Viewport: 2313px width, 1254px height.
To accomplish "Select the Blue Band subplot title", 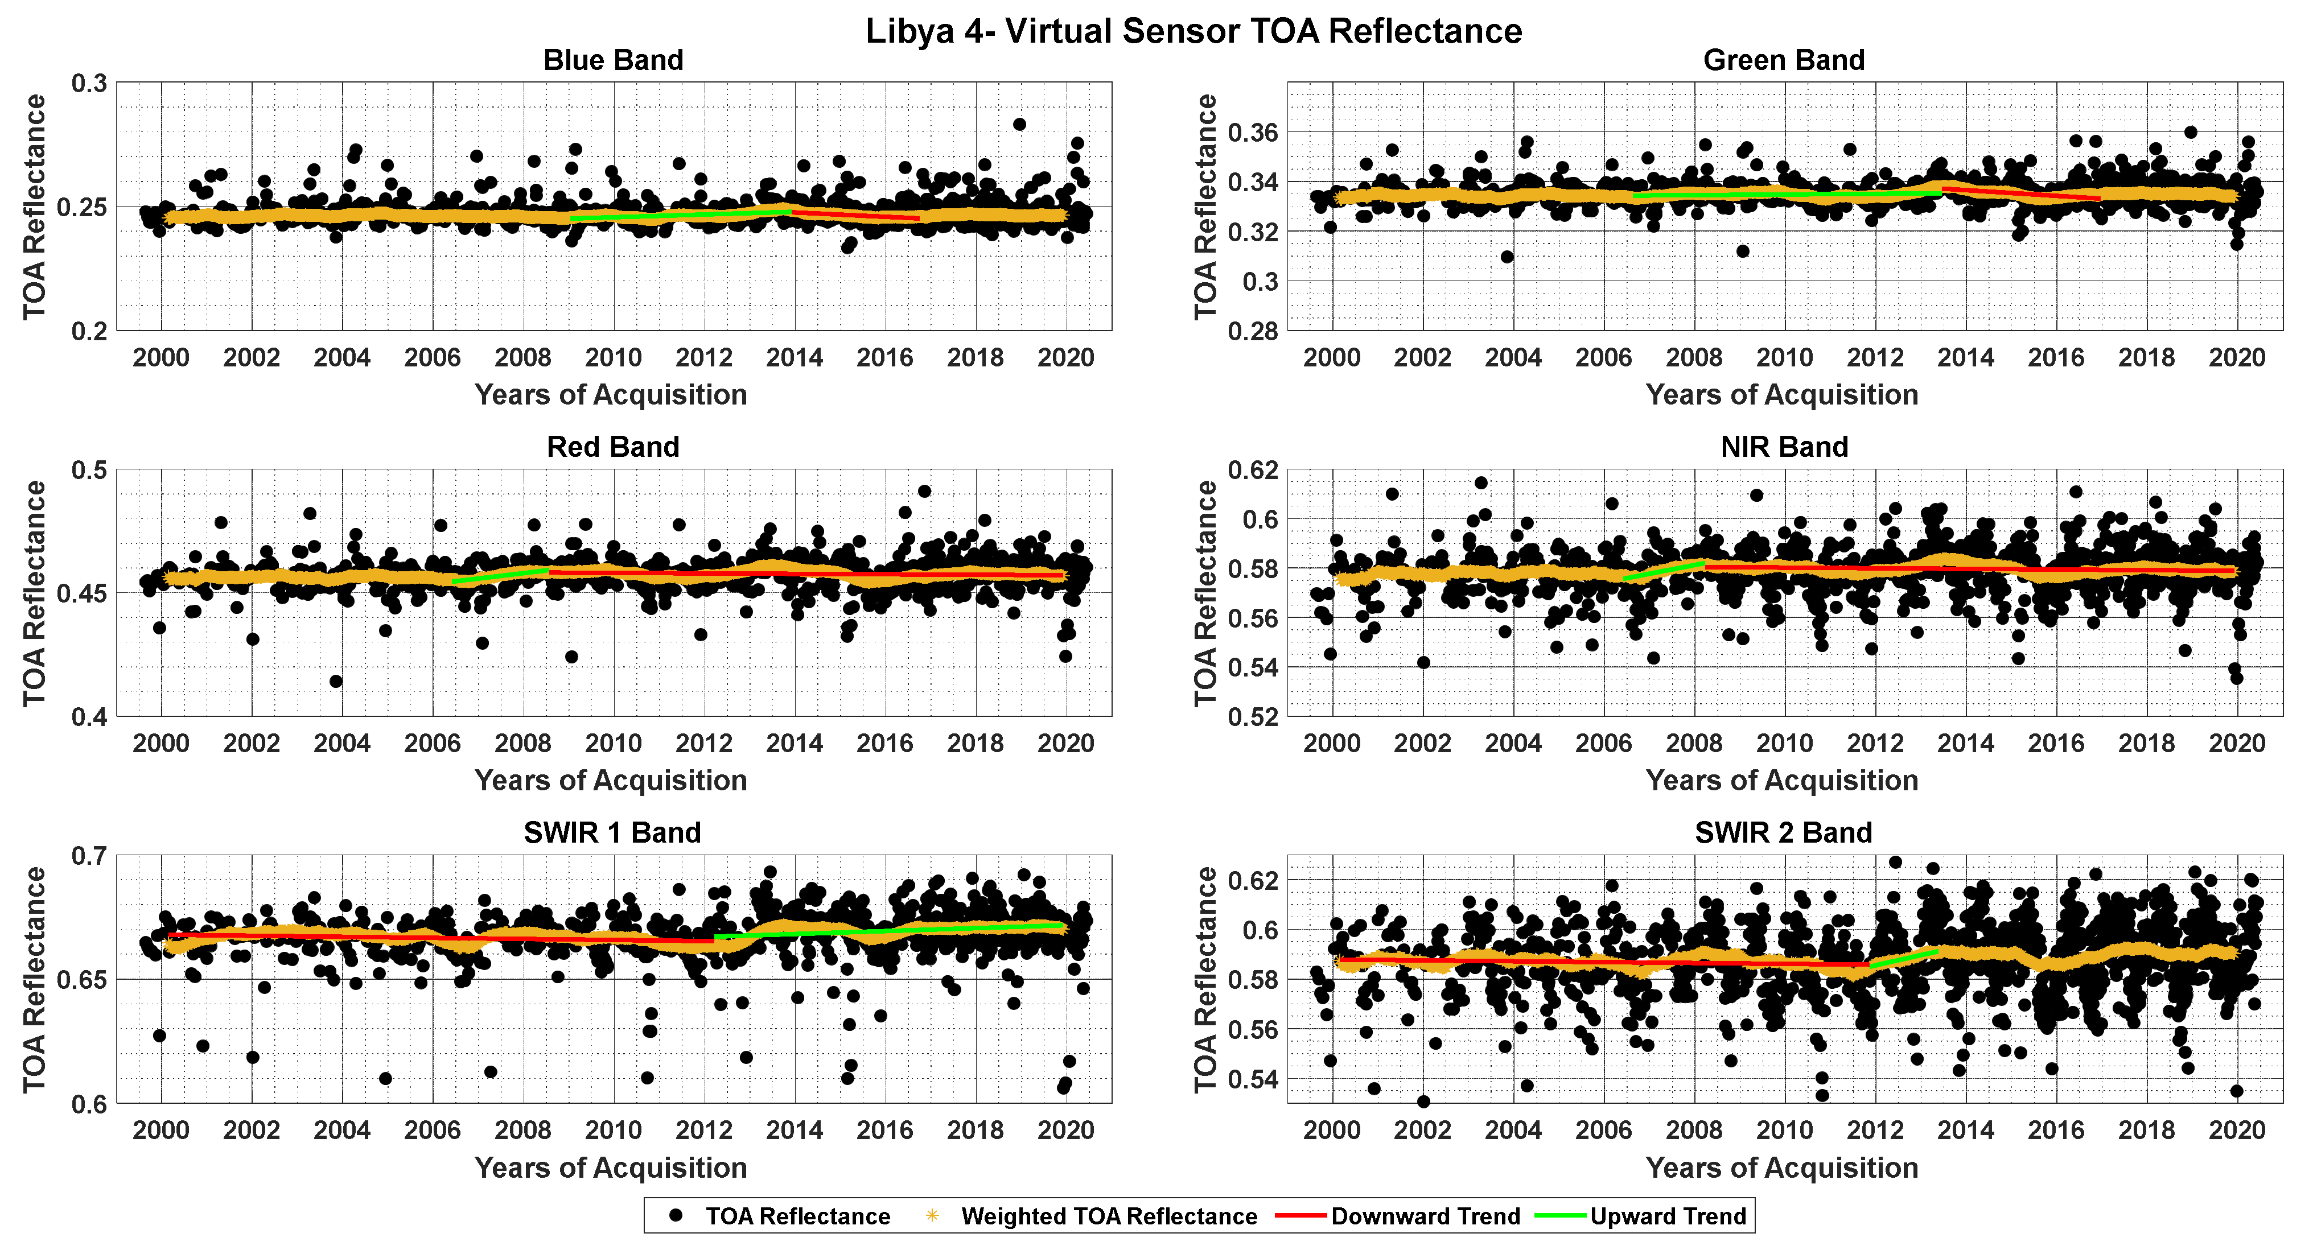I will pos(614,60).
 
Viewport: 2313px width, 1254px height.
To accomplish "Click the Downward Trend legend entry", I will pos(1425,1216).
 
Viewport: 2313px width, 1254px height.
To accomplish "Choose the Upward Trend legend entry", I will pos(1668,1216).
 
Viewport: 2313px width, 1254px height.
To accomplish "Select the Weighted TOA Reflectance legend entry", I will pos(1108,1216).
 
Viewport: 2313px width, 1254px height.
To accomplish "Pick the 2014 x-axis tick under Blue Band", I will pos(794,358).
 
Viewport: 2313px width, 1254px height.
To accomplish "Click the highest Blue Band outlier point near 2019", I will pos(1019,125).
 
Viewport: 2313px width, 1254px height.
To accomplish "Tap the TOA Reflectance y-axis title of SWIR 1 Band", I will pos(34,979).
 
